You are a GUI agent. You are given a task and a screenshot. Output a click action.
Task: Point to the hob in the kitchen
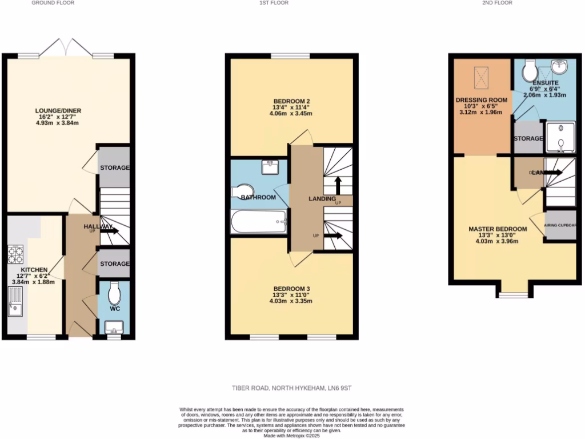tap(15, 254)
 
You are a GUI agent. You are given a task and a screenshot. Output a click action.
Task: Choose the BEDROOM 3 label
tap(291, 288)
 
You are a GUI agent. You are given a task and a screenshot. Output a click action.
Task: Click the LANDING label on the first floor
tap(322, 199)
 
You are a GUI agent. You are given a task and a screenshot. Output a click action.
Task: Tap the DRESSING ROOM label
tap(482, 99)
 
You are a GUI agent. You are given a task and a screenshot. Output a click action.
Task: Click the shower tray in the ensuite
tap(559, 137)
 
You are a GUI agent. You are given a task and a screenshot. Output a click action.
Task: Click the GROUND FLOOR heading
tap(53, 3)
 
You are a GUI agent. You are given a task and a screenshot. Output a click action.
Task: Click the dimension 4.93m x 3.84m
tap(57, 122)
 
